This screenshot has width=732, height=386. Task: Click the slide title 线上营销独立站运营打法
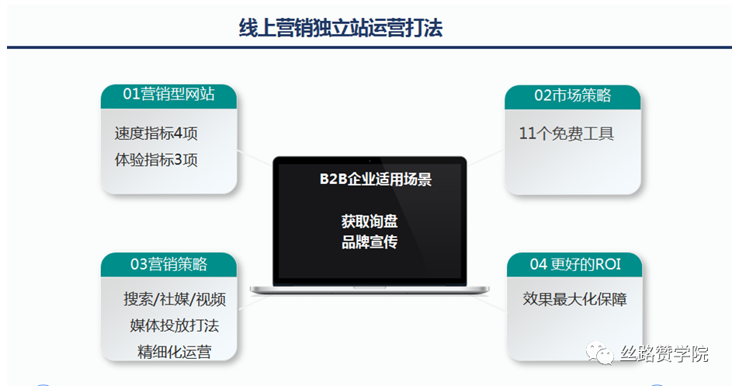click(x=341, y=28)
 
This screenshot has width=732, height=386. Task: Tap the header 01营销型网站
click(x=168, y=95)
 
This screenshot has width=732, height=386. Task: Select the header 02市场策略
click(x=573, y=96)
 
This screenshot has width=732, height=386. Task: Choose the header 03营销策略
click(x=168, y=264)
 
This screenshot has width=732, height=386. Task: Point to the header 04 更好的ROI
click(x=575, y=264)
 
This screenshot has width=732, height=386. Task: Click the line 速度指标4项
click(x=156, y=133)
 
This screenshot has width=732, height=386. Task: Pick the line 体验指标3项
click(x=156, y=160)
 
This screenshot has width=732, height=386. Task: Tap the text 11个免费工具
click(x=567, y=134)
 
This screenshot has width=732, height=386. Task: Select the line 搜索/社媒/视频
click(x=175, y=299)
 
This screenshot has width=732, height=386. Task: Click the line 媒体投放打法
click(x=175, y=325)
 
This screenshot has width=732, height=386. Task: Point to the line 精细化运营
click(x=175, y=351)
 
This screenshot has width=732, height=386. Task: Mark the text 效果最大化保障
click(x=574, y=298)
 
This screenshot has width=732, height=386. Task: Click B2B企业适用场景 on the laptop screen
click(x=376, y=179)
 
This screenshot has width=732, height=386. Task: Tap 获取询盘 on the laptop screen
click(x=369, y=221)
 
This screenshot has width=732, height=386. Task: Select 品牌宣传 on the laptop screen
click(x=369, y=242)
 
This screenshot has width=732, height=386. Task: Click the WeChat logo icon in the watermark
click(x=600, y=353)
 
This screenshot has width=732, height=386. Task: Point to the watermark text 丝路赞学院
click(x=664, y=353)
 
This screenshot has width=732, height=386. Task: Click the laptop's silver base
click(x=369, y=290)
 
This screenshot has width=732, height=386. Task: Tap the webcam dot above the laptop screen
click(x=369, y=161)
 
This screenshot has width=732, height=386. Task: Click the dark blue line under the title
click(x=369, y=47)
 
